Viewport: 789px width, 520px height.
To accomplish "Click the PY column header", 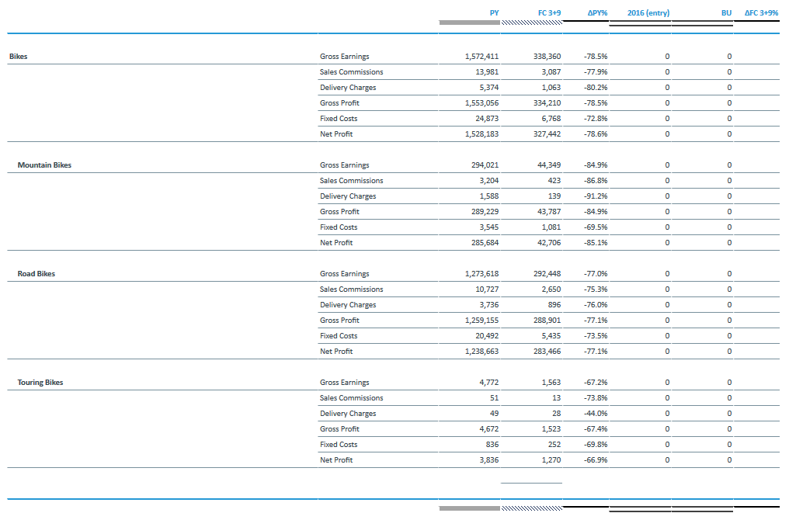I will [x=494, y=13].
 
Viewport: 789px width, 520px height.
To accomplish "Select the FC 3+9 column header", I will [x=549, y=13].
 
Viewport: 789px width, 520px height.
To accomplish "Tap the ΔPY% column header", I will [x=597, y=13].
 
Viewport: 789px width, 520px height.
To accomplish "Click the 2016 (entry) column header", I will [x=648, y=13].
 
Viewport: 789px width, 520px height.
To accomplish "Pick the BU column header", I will [x=726, y=13].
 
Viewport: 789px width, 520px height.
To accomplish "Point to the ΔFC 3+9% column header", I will [x=761, y=13].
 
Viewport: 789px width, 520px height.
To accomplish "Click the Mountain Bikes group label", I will [x=44, y=165].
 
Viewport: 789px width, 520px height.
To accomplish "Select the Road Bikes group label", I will [x=36, y=274].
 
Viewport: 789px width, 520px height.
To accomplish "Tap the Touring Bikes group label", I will [x=40, y=383].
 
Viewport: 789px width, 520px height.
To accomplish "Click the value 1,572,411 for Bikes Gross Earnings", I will [x=481, y=57].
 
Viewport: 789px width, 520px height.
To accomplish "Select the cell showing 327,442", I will [x=546, y=134].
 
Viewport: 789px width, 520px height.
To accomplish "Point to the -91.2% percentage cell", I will [x=595, y=196].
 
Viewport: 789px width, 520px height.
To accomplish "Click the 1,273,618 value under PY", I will [x=481, y=274].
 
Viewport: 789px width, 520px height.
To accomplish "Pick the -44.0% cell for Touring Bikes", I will [x=595, y=414].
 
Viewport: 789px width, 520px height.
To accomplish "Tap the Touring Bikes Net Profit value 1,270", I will [x=551, y=460].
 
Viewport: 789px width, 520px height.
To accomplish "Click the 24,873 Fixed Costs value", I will [x=487, y=119].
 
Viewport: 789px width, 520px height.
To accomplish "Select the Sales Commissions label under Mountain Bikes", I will [x=351, y=181].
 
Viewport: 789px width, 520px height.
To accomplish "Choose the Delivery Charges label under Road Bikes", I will [x=348, y=305].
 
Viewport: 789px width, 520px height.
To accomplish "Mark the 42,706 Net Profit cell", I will [x=548, y=243].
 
